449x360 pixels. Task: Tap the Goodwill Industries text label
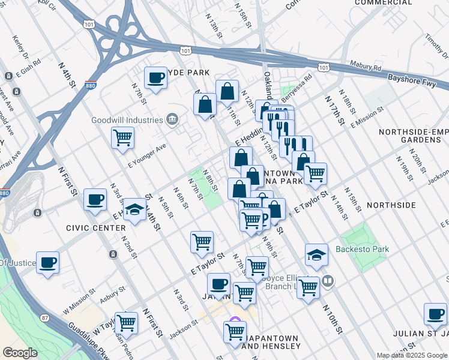click(127, 119)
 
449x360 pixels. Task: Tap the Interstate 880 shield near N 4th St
click(91, 86)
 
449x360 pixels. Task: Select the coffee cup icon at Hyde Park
click(156, 78)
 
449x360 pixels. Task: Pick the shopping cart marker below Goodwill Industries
click(122, 137)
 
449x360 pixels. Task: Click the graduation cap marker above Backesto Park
click(316, 255)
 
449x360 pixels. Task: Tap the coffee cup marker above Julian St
click(435, 314)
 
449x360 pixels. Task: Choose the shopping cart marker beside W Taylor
click(126, 323)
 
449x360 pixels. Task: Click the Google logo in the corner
click(20, 353)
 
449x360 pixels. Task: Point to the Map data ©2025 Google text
click(412, 355)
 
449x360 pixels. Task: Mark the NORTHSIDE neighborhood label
click(390, 205)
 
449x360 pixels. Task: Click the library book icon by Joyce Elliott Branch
click(328, 280)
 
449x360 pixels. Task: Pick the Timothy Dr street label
click(434, 45)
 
